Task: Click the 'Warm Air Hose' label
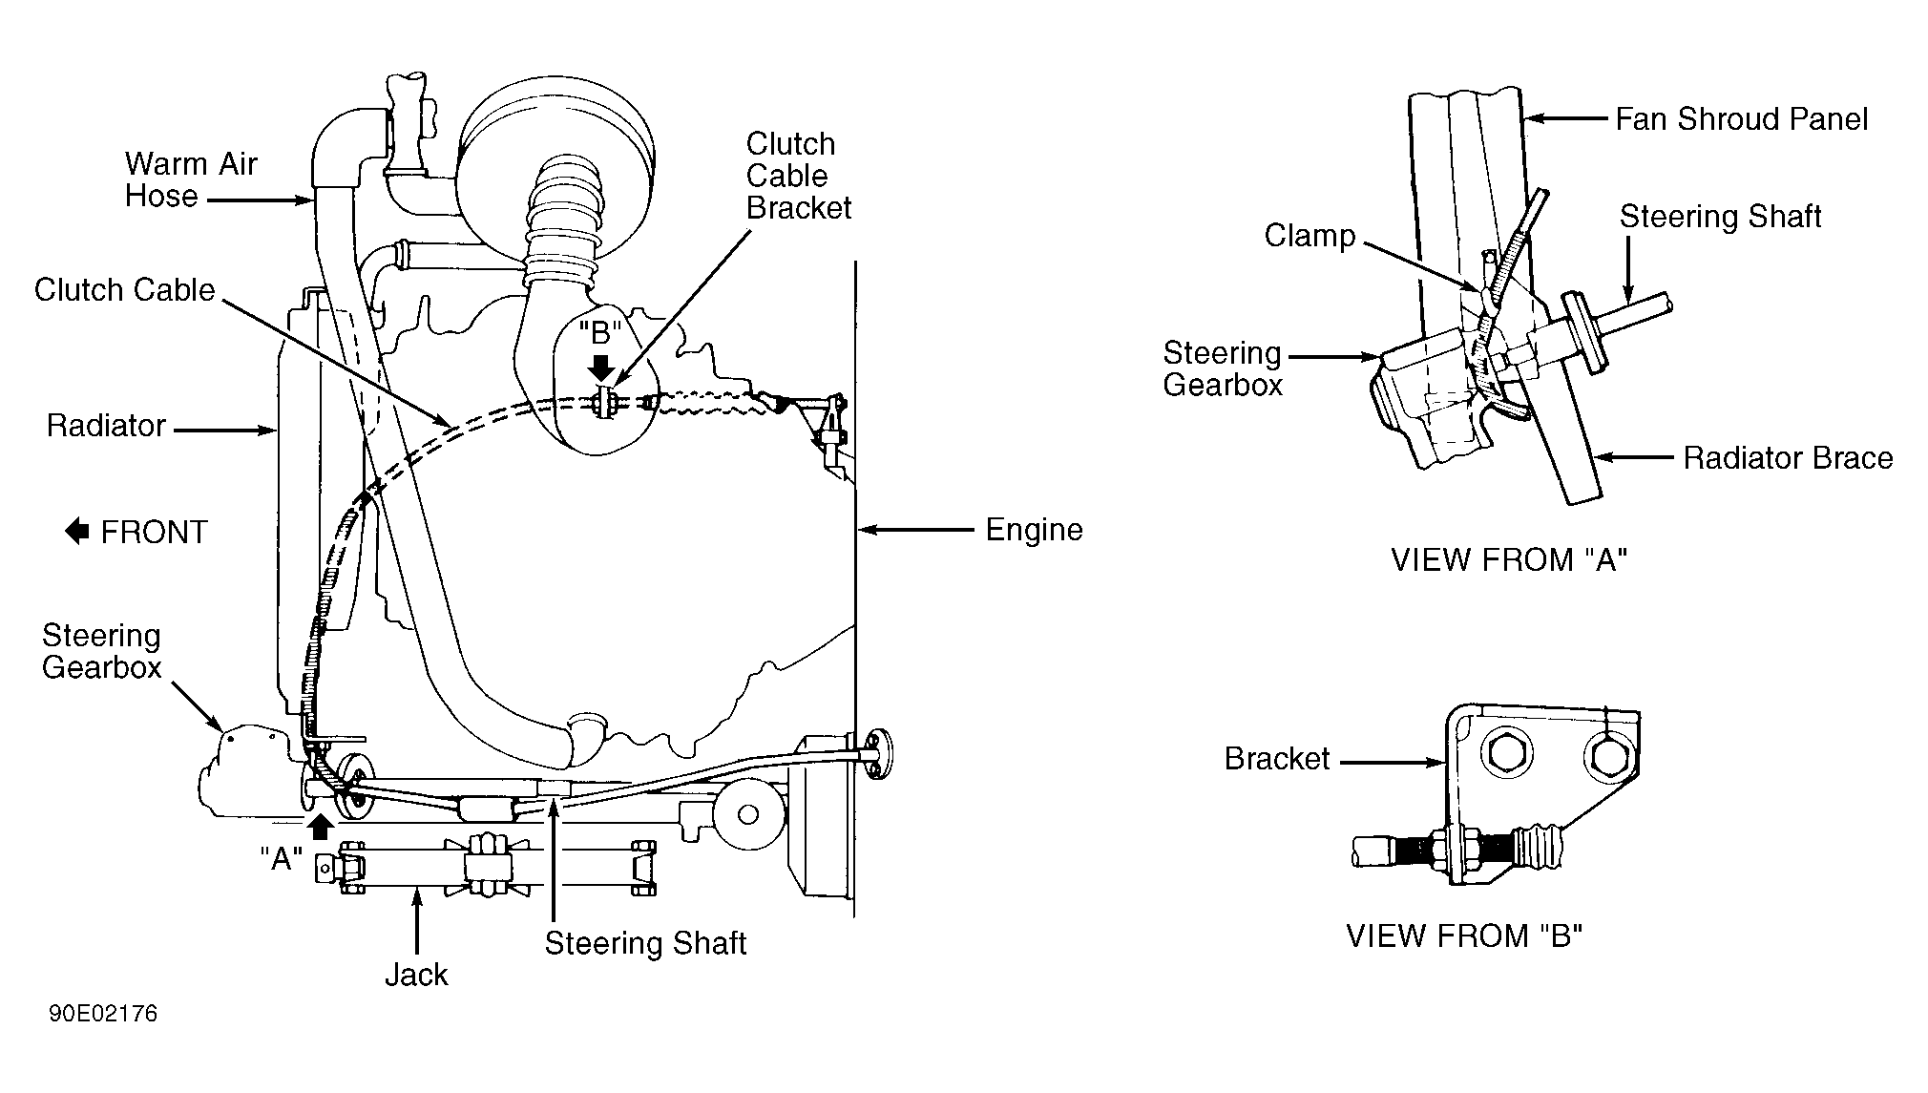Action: point(191,179)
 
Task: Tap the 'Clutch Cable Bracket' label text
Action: point(799,176)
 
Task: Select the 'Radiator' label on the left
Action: point(106,426)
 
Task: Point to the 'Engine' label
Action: point(1034,530)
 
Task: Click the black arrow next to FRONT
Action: point(77,532)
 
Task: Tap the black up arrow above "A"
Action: point(322,826)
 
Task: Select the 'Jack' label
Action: point(416,975)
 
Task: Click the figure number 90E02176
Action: point(103,1013)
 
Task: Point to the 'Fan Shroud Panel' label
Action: point(1741,119)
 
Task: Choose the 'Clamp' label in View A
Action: point(1310,236)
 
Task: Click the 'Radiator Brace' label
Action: point(1788,458)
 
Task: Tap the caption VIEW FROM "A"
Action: point(1509,559)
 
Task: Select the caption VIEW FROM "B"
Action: point(1464,935)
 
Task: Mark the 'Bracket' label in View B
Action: point(1277,759)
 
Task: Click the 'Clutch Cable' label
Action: point(124,290)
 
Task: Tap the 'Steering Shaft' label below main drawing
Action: point(645,943)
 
